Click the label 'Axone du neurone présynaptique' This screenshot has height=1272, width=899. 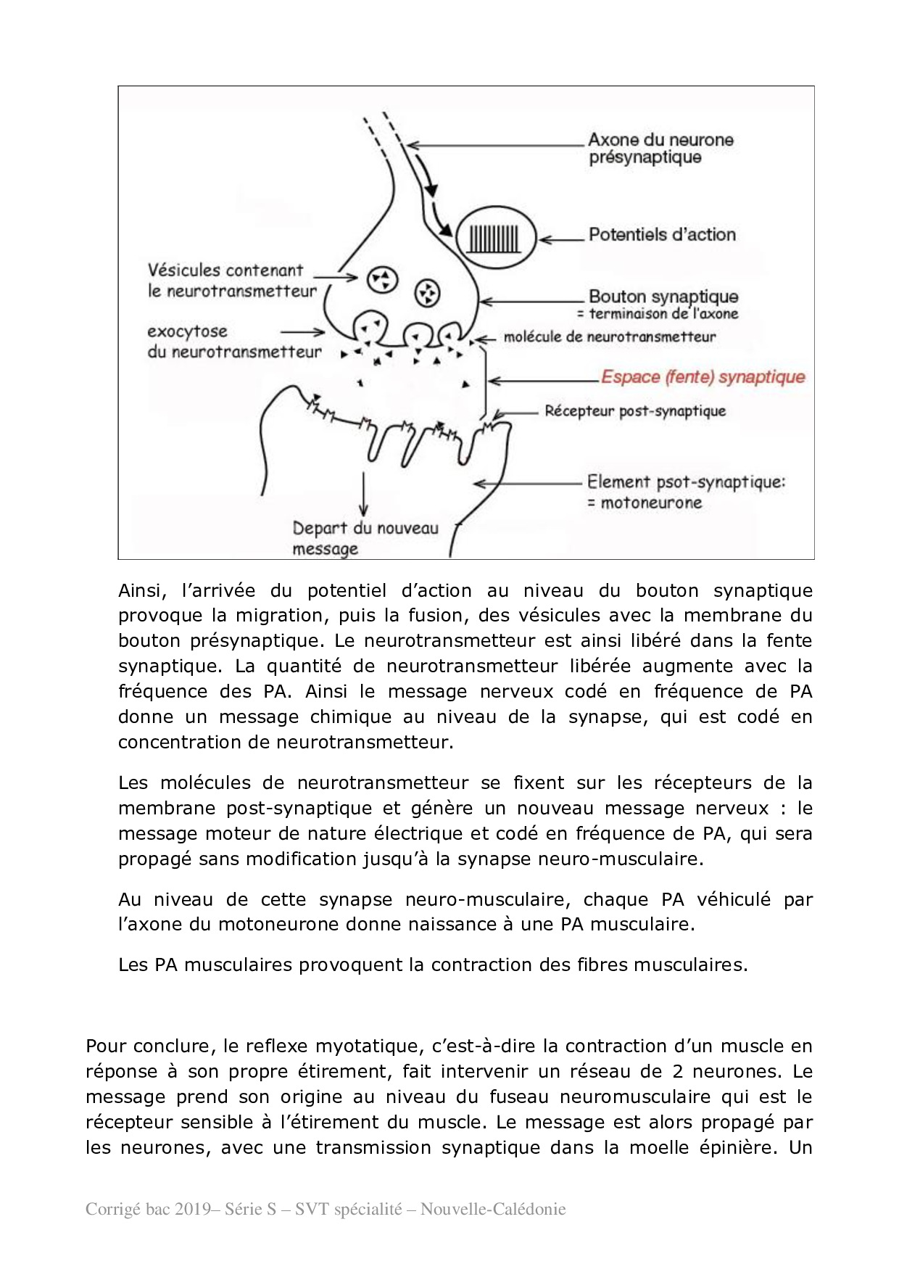click(x=660, y=149)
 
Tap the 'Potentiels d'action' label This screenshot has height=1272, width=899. click(x=661, y=235)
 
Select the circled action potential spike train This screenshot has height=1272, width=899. click(x=495, y=237)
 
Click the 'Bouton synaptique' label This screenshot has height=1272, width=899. click(x=663, y=297)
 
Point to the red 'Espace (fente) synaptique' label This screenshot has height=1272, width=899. click(x=703, y=377)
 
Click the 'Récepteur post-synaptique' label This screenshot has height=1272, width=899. click(x=634, y=411)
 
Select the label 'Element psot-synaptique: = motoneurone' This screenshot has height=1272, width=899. click(x=685, y=492)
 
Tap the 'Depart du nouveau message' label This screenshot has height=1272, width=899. click(x=365, y=538)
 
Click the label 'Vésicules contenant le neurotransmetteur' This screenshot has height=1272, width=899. click(x=232, y=281)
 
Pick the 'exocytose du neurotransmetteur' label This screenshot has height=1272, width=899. click(x=233, y=342)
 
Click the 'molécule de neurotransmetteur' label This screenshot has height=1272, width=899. click(x=609, y=336)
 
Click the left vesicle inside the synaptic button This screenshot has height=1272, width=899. click(x=381, y=279)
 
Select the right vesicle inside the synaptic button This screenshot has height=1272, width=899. click(x=428, y=292)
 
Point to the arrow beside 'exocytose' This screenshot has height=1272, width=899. click(x=307, y=332)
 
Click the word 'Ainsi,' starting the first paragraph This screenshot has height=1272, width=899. click(x=142, y=591)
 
